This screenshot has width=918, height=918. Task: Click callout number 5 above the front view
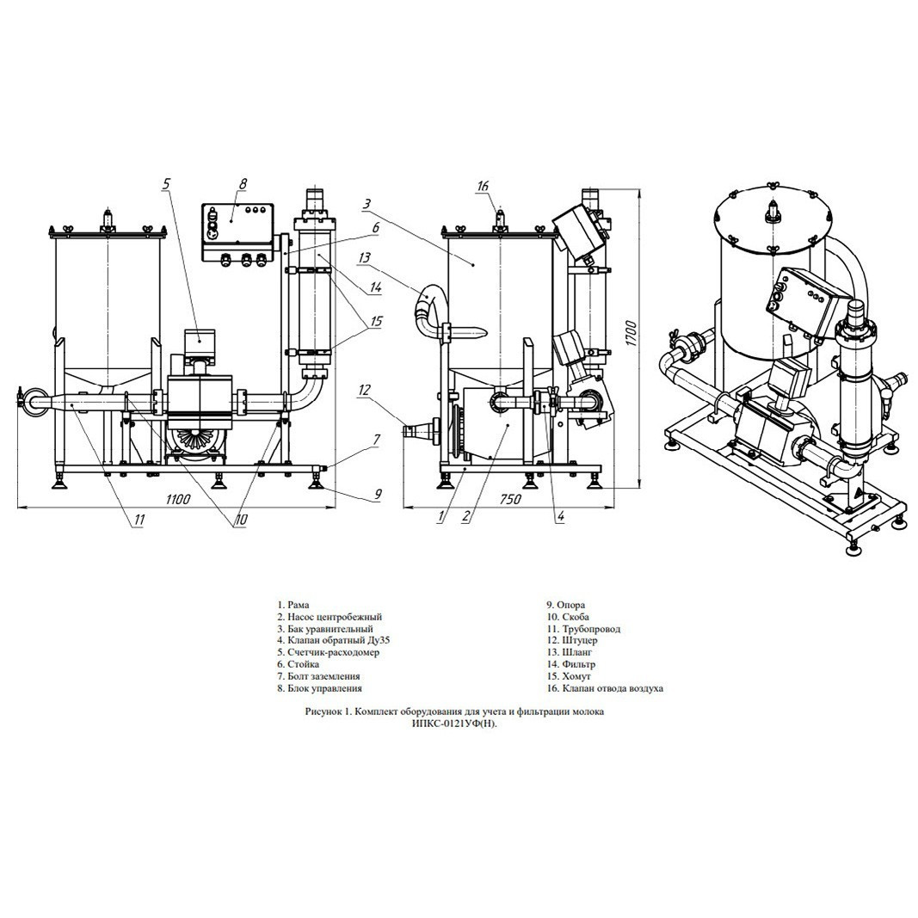pos(166,184)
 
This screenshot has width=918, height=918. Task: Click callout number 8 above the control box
pos(243,184)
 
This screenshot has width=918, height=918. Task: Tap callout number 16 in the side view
pos(483,186)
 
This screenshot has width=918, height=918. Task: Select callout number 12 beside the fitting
pos(365,389)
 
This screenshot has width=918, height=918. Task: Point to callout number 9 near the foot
pos(378,495)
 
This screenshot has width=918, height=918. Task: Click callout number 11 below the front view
pos(139,519)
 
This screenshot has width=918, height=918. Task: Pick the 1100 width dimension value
pos(178,499)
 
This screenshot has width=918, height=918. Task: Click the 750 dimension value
pos(510,499)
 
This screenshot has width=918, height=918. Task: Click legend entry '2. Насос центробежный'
pos(330,617)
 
